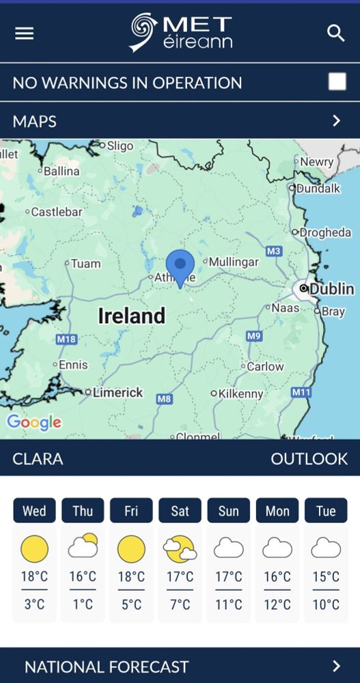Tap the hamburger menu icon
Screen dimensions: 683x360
click(25, 33)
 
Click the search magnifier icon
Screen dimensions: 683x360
click(335, 33)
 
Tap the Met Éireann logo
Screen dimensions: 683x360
click(181, 33)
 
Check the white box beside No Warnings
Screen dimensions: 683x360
click(337, 82)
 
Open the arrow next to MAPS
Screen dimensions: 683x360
click(336, 121)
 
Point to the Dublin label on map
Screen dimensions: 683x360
click(331, 289)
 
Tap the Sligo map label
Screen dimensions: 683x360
click(120, 145)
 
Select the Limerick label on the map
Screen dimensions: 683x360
click(117, 393)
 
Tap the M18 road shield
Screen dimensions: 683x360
click(66, 339)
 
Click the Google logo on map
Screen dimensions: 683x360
click(33, 423)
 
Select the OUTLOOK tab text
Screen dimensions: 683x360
click(309, 458)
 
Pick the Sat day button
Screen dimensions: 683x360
click(180, 511)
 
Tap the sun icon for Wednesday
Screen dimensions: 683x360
click(34, 548)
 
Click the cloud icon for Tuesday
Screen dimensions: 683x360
click(326, 548)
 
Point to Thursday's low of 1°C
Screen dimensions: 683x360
click(83, 604)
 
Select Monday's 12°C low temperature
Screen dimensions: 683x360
click(277, 604)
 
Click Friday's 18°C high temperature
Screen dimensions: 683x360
click(131, 576)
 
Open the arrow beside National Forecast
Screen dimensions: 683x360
click(336, 666)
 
